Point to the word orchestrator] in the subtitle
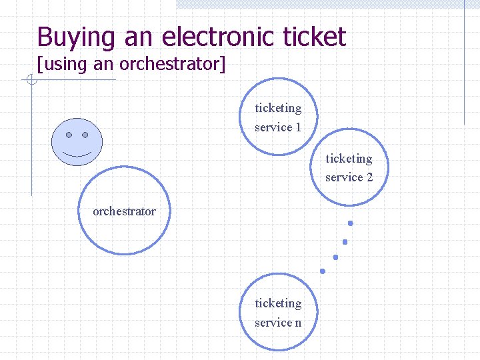(176, 64)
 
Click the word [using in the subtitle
(61, 64)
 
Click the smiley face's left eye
(69, 135)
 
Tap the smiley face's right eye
(85, 135)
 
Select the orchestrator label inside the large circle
(124, 211)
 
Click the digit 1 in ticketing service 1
(298, 127)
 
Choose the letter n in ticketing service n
(297, 323)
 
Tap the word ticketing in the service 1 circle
(278, 108)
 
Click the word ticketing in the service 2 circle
(349, 159)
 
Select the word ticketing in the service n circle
(278, 303)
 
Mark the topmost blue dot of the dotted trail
(350, 223)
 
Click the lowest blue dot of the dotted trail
(323, 271)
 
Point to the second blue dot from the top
(345, 241)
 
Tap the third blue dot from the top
(335, 257)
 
